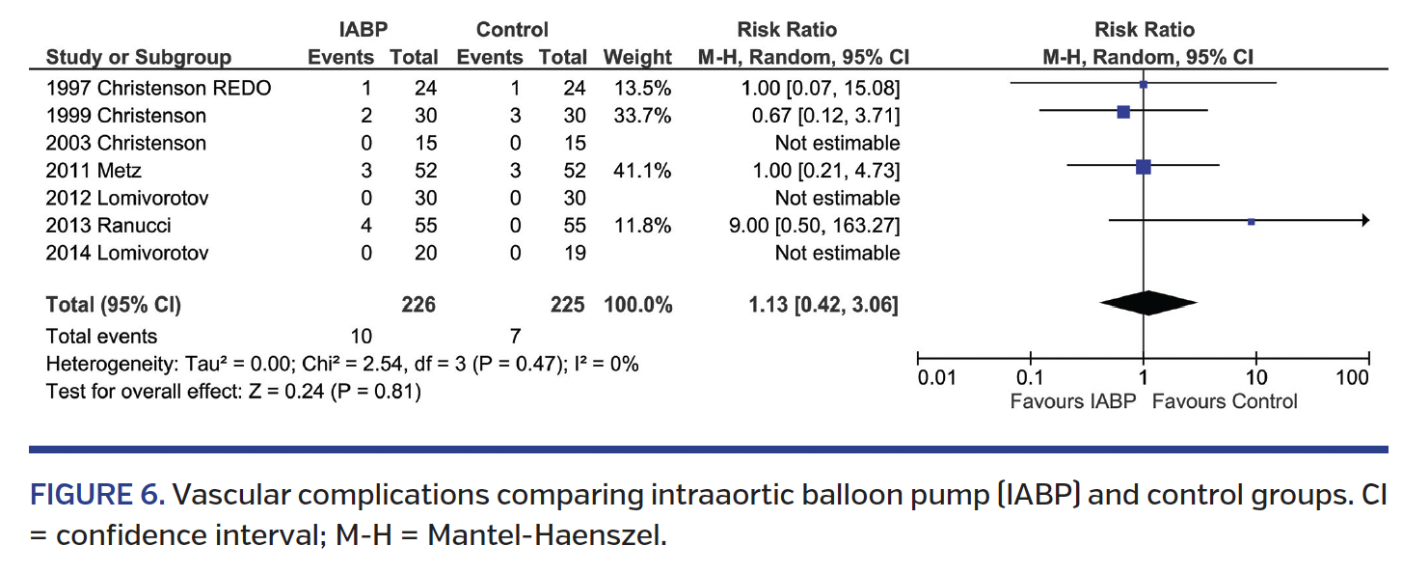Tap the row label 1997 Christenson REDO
159,89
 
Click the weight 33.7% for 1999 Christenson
637,116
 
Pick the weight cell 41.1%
637,171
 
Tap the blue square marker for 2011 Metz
1144,167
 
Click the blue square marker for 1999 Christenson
1123,112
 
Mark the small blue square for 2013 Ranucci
1251,222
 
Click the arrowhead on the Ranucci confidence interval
1363,221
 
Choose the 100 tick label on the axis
1353,377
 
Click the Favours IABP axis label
1073,401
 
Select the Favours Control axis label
1225,401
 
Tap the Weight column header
637,58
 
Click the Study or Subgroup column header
139,58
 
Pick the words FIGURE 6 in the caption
98,495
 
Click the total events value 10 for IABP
362,337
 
